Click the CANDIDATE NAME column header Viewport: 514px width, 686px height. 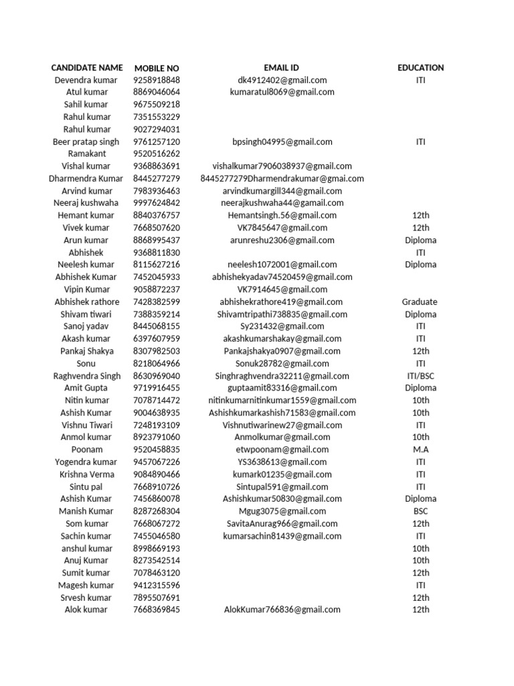(x=87, y=68)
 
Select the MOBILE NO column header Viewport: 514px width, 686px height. (x=157, y=68)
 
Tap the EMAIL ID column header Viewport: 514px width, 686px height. (x=281, y=68)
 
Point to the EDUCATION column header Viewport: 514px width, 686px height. (x=420, y=68)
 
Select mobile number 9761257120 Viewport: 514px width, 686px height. (x=157, y=141)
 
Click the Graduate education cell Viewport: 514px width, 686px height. (x=420, y=302)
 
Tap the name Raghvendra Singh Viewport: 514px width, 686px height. (x=87, y=376)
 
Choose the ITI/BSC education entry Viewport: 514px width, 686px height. (x=420, y=376)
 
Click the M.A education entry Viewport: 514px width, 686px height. (x=420, y=450)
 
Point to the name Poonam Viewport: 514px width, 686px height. (x=87, y=450)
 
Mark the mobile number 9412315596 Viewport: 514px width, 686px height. (x=157, y=585)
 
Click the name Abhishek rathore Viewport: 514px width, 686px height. (x=87, y=302)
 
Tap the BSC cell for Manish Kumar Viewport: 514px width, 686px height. (x=420, y=511)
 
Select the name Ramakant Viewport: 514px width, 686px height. (x=87, y=153)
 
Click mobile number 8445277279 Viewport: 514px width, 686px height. (x=157, y=179)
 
